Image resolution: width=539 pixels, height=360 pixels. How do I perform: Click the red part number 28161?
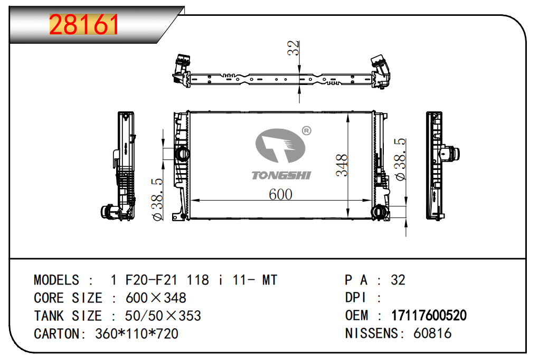[84, 25]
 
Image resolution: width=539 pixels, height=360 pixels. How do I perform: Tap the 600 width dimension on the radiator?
[280, 194]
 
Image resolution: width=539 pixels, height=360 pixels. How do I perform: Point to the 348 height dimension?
[342, 165]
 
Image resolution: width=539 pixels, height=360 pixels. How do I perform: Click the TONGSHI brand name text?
[281, 175]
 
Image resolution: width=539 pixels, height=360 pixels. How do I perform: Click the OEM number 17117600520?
[429, 316]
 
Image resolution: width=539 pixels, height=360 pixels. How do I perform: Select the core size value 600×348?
[156, 298]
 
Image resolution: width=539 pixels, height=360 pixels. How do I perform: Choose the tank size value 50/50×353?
[163, 316]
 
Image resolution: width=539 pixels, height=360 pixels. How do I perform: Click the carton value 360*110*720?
[137, 334]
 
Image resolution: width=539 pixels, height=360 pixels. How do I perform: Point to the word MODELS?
[56, 280]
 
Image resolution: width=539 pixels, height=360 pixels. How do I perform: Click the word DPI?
[356, 298]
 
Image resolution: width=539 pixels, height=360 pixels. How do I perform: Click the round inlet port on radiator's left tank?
[182, 154]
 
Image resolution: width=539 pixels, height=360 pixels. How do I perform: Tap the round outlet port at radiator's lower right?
[379, 213]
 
